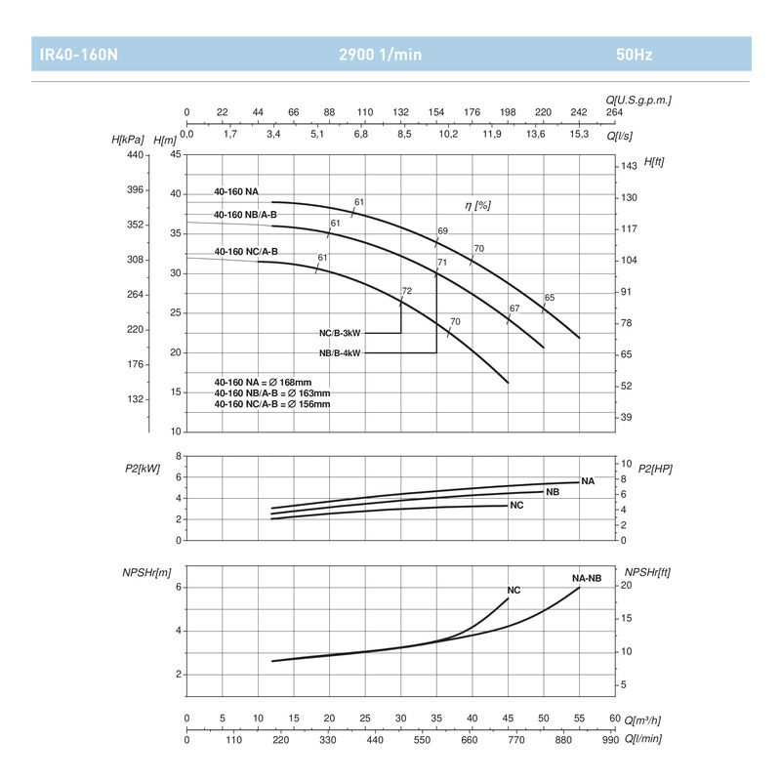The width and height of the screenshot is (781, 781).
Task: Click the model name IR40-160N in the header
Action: pyautogui.click(x=74, y=55)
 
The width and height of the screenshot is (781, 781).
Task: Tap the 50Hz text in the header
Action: pyautogui.click(x=636, y=55)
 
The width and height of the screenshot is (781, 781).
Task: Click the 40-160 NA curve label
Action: pyautogui.click(x=236, y=191)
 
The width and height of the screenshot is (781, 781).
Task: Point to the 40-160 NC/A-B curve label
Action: pyautogui.click(x=246, y=252)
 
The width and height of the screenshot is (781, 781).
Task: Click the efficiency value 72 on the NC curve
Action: pyautogui.click(x=407, y=291)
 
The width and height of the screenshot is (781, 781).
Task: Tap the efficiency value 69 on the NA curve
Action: pyautogui.click(x=442, y=231)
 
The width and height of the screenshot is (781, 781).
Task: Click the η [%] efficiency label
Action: pyautogui.click(x=476, y=205)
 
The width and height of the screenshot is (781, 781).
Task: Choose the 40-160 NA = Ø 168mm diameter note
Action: pyautogui.click(x=263, y=382)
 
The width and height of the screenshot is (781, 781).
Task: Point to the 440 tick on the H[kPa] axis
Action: pyautogui.click(x=135, y=155)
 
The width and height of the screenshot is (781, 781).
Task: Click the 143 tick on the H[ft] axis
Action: pyautogui.click(x=629, y=166)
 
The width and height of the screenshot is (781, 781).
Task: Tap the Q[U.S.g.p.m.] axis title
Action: pyautogui.click(x=638, y=100)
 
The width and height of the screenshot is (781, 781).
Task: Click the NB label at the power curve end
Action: pyautogui.click(x=553, y=492)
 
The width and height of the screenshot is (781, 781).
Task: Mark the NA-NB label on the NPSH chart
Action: pyautogui.click(x=586, y=578)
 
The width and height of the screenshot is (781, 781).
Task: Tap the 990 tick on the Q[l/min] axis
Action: pyautogui.click(x=610, y=739)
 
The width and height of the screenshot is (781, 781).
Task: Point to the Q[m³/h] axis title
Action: pyautogui.click(x=642, y=719)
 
